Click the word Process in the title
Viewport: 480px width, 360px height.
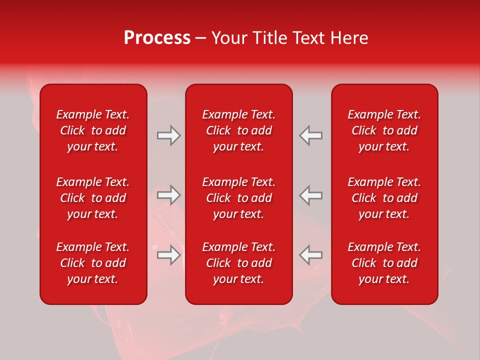tap(157, 38)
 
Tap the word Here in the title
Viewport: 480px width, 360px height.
tap(348, 38)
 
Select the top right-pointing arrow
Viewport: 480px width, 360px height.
tap(168, 135)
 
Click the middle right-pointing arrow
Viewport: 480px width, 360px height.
tap(168, 195)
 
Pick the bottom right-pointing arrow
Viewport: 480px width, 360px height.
tap(168, 254)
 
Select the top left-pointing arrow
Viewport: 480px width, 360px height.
tap(311, 135)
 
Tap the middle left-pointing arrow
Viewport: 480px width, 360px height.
tap(311, 195)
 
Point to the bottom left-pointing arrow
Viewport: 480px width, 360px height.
tap(311, 254)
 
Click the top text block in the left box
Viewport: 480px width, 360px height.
tap(93, 130)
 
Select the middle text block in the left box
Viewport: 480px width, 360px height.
tap(93, 198)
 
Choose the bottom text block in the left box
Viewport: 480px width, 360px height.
tap(93, 263)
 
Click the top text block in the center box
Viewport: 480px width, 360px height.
tap(238, 130)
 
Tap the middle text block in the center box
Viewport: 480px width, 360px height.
tap(238, 198)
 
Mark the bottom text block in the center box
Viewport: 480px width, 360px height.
tap(238, 263)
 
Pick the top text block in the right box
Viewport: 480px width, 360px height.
tap(384, 130)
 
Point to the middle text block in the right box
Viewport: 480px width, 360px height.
tap(384, 198)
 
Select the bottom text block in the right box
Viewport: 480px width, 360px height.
tap(384, 263)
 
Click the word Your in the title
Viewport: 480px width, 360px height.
tap(228, 38)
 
